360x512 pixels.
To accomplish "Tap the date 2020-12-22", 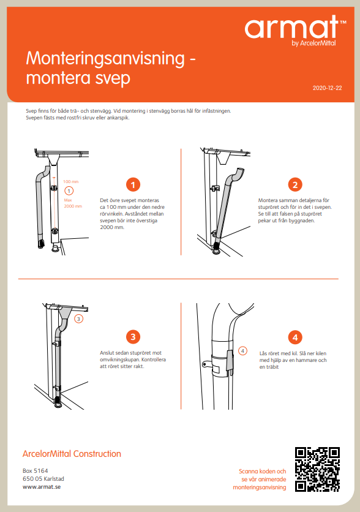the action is tap(327, 88).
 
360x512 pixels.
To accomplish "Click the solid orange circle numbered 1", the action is tap(133, 185).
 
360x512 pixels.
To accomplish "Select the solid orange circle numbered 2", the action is tap(295, 185).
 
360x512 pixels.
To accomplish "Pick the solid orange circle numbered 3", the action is tap(133, 337).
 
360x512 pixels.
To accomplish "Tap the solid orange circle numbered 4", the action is tap(295, 337).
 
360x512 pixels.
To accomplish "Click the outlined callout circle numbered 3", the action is tap(78, 318).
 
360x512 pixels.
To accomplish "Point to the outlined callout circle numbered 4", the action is tap(242, 351).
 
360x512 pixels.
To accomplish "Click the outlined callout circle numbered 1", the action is tap(69, 190).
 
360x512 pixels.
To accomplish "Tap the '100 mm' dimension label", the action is tap(71, 181).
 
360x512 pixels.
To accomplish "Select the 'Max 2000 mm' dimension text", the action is tap(73, 203).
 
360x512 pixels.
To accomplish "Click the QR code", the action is tap(317, 469).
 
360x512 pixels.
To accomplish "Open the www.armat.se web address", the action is tap(42, 487).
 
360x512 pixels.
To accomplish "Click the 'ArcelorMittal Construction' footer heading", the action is tap(72, 454).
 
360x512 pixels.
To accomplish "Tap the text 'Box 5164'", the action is tap(36, 471).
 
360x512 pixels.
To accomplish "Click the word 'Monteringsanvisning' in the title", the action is tap(105, 59).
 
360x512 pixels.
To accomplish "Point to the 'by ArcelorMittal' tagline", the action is tap(313, 43).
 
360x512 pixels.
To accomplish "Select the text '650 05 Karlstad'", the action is tap(43, 479).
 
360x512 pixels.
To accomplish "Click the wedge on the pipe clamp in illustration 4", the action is tap(230, 361).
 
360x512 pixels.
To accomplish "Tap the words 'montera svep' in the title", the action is tap(78, 78).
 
